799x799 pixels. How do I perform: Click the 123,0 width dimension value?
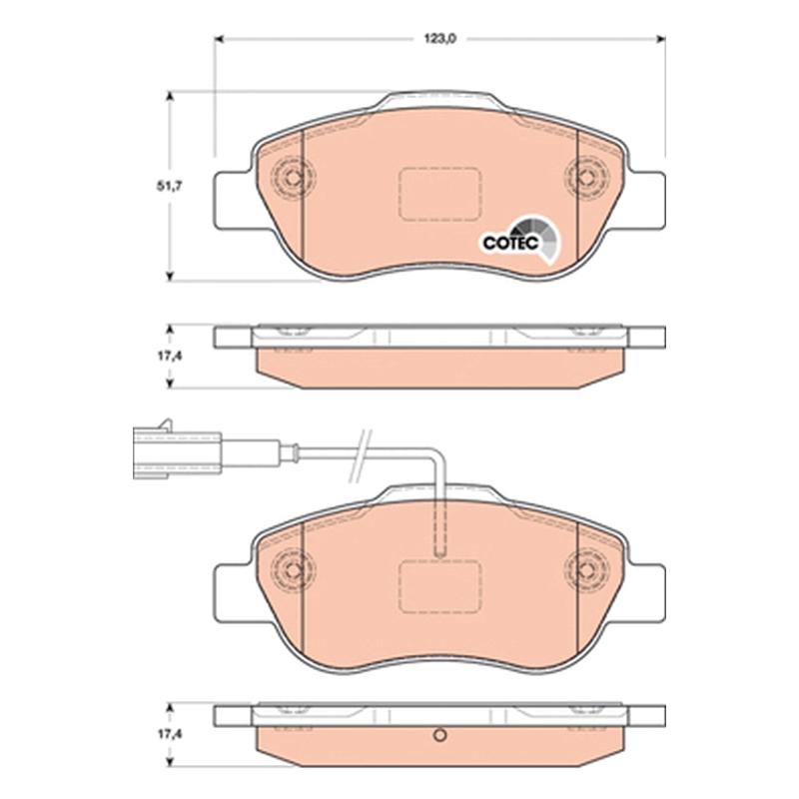tap(440, 39)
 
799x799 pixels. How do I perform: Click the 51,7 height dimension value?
tap(169, 187)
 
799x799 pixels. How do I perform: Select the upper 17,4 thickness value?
tap(169, 357)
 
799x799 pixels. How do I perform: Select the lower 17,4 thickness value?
tap(169, 734)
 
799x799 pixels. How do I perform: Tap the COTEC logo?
tap(519, 241)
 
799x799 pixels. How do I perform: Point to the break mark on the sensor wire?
tap(361, 456)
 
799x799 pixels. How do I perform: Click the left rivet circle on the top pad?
tap(293, 178)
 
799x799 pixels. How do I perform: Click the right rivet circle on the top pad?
tap(587, 178)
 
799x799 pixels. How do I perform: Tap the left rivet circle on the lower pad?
tap(293, 569)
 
